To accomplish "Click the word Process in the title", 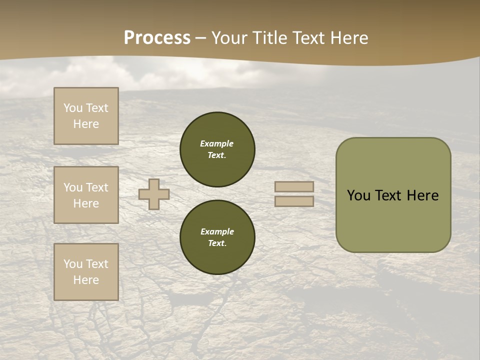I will coord(157,38).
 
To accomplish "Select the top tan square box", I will coord(86,116).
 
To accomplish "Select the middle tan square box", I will coord(86,195).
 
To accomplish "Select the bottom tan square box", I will coord(86,272).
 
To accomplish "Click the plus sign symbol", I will coord(154,194).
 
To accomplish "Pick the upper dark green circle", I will coord(217,149).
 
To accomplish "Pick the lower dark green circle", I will coord(217,237).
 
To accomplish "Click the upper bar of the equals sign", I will coord(294,187).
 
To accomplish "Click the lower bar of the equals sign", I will coord(294,201).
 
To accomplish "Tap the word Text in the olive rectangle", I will coord(388,195).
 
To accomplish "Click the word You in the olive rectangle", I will coord(358,195).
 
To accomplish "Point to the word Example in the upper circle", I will coord(217,143).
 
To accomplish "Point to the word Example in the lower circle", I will coord(217,231).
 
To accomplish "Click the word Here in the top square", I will coord(86,124).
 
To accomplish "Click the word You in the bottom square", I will coord(73,264).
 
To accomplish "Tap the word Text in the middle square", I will coord(97,187).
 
